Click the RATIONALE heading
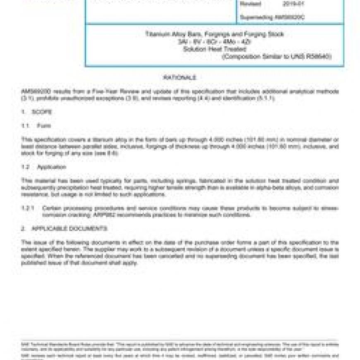pyautogui.click(x=180, y=77)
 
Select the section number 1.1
pyautogui.click(x=26, y=126)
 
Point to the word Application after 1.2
pyautogui.click(x=51, y=167)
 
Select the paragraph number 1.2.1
pyautogui.click(x=28, y=208)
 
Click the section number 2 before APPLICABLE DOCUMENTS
pyautogui.click(x=23, y=228)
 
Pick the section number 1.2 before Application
pyautogui.click(x=26, y=167)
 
